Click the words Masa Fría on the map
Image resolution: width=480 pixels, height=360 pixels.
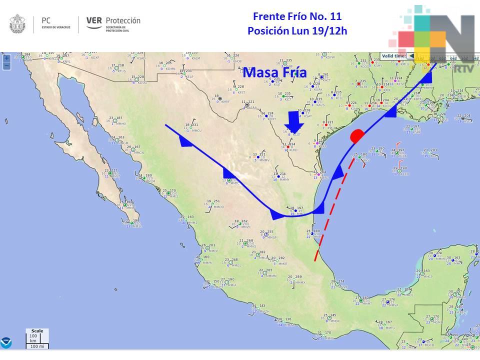point(274,73)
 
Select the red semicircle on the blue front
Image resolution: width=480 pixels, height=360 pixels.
point(357,135)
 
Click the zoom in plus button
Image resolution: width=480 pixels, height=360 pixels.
point(6,58)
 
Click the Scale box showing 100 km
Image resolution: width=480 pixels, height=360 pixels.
point(36,338)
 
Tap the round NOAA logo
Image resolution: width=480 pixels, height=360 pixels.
point(6,342)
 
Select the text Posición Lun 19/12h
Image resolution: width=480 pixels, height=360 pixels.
point(297,31)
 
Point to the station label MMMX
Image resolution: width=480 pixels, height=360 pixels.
point(300,283)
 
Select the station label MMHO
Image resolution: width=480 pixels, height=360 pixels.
point(120,123)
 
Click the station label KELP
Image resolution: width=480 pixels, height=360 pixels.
point(189,77)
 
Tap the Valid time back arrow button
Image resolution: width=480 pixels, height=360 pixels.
point(410,56)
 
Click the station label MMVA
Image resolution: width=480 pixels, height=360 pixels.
point(394,304)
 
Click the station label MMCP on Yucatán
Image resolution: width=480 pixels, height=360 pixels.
point(427,276)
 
